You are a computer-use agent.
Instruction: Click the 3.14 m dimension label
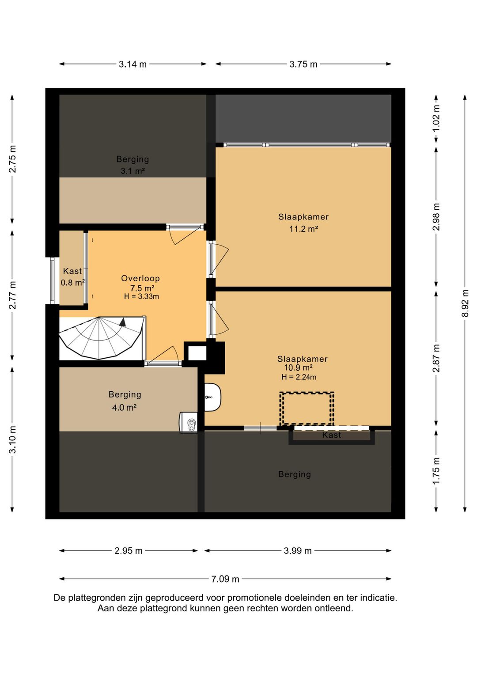pyautogui.click(x=132, y=64)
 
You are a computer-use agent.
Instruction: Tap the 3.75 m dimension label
pyautogui.click(x=303, y=64)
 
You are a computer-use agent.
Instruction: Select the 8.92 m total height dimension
pyautogui.click(x=465, y=303)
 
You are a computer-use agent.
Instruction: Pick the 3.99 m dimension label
pyautogui.click(x=298, y=551)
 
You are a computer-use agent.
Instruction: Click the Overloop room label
pyautogui.click(x=140, y=278)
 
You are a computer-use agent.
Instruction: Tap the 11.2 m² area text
pyautogui.click(x=304, y=229)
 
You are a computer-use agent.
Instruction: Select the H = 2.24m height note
pyautogui.click(x=299, y=377)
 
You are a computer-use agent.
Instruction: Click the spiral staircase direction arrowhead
pyautogui.click(x=122, y=322)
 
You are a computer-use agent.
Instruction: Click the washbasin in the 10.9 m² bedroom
pyautogui.click(x=212, y=397)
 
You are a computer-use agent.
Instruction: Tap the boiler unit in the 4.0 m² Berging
pyautogui.click(x=189, y=422)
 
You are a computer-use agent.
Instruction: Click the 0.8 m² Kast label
pyautogui.click(x=72, y=276)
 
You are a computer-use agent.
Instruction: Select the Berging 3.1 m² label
pyautogui.click(x=132, y=165)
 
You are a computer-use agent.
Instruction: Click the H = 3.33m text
pyautogui.click(x=141, y=296)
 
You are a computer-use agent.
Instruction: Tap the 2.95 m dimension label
pyautogui.click(x=129, y=551)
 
